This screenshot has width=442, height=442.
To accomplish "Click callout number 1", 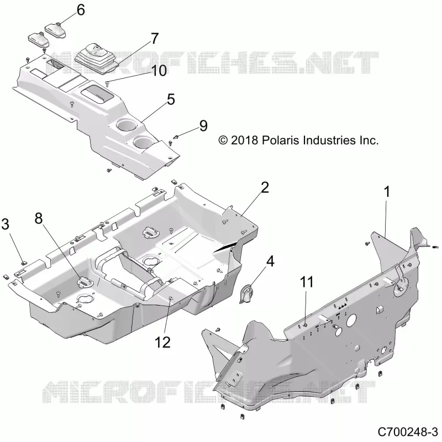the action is pyautogui.click(x=387, y=192).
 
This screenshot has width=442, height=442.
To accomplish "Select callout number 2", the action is pyautogui.click(x=265, y=187).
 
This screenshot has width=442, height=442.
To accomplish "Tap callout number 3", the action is pyautogui.click(x=6, y=224).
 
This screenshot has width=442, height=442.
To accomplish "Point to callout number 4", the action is pyautogui.click(x=270, y=261).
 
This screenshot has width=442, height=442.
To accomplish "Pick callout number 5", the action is pyautogui.click(x=171, y=99).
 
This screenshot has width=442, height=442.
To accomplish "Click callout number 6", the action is pyautogui.click(x=81, y=10).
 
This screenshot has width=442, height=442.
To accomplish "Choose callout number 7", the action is pyautogui.click(x=155, y=38).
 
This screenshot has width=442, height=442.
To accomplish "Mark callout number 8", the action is pyautogui.click(x=39, y=218).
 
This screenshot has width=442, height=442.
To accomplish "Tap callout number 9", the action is pyautogui.click(x=203, y=126).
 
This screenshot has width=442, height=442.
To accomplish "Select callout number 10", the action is pyautogui.click(x=159, y=71).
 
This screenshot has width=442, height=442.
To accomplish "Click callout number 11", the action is pyautogui.click(x=307, y=282).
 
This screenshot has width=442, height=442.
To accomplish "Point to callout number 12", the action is pyautogui.click(x=162, y=343).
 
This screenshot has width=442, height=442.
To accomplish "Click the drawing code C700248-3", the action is pyautogui.click(x=407, y=432).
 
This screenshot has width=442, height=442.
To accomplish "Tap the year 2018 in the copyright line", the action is pyautogui.click(x=244, y=140).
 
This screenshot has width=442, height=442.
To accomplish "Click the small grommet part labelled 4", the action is pyautogui.click(x=246, y=294).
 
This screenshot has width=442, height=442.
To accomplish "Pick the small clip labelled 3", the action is pyautogui.click(x=24, y=264).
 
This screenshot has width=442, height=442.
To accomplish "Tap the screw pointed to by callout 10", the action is pyautogui.click(x=107, y=83).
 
